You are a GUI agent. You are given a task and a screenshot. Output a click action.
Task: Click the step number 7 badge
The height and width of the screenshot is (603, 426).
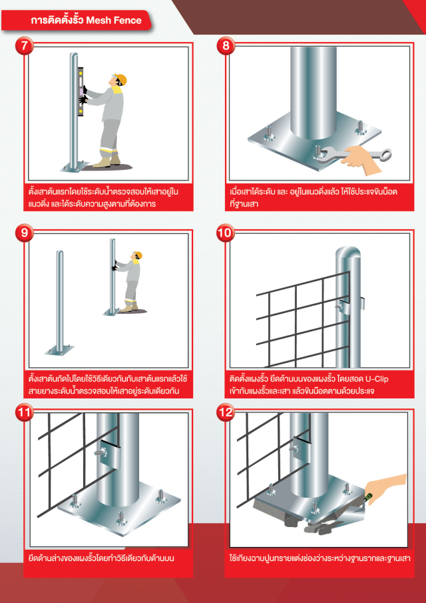(25, 46)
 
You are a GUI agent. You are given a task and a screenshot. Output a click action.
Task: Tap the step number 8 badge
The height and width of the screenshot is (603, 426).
(226, 46)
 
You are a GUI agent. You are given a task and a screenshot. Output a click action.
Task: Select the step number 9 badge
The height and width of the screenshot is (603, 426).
(25, 233)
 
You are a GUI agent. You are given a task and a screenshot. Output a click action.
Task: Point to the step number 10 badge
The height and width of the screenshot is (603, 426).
(226, 233)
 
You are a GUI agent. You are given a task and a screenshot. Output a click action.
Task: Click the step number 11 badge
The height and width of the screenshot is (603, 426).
(25, 412)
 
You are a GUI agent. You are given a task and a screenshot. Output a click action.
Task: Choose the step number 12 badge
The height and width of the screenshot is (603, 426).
(226, 412)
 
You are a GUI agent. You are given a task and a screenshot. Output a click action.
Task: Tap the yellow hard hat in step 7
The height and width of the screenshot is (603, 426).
(120, 79)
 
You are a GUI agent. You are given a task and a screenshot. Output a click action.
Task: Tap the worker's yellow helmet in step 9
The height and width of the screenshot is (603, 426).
(138, 255)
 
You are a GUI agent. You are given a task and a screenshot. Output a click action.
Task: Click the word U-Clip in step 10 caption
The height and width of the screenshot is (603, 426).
(377, 378)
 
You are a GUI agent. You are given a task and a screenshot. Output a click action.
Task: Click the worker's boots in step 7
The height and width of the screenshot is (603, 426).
(106, 161)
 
